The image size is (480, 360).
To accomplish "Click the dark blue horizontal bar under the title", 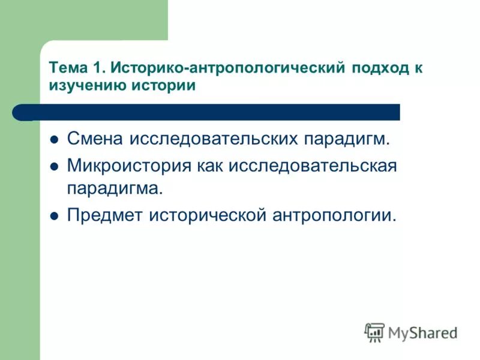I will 216,112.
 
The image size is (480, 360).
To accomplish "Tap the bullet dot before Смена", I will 53,140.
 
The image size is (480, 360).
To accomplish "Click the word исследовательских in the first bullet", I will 216,140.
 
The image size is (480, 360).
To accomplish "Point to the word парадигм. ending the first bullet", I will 347,140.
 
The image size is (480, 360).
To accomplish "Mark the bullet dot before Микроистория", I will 53,166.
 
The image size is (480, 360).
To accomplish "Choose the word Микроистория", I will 128,165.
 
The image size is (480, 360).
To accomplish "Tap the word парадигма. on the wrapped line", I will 115,189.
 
